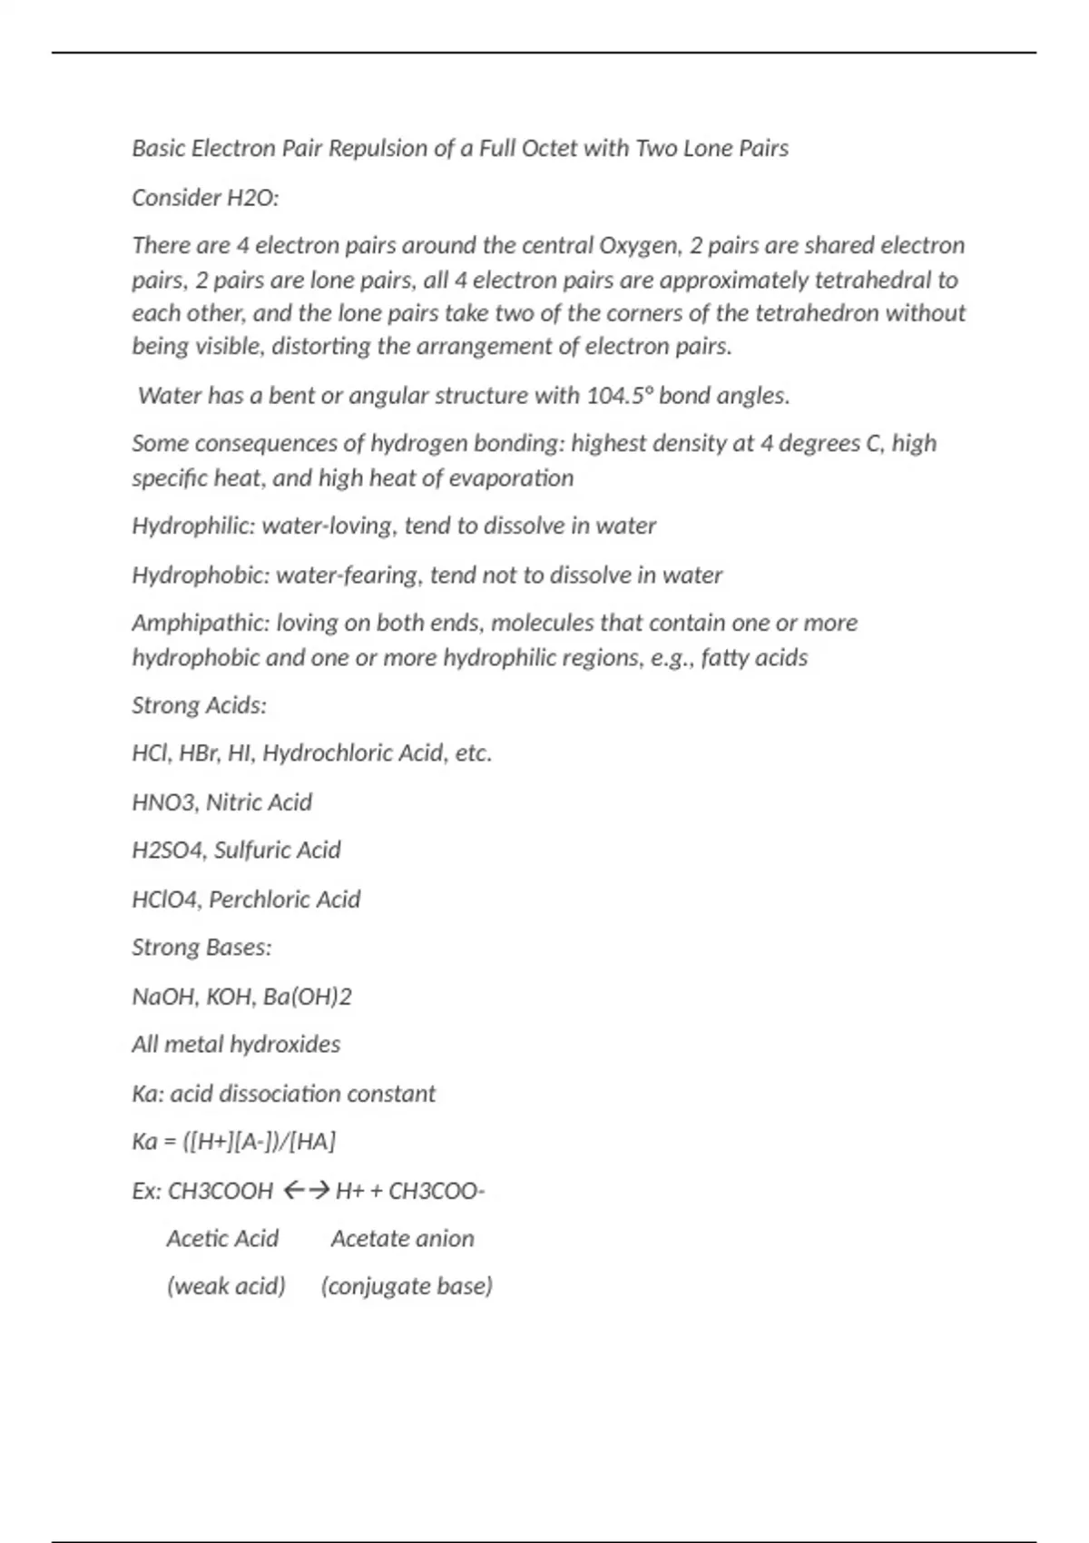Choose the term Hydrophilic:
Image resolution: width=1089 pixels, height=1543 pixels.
coord(193,526)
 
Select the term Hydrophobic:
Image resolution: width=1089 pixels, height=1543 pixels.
coord(201,575)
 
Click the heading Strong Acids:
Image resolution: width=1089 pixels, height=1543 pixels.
coord(200,705)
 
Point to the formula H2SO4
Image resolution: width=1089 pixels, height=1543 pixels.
coord(168,850)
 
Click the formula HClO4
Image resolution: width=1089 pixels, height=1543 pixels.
coord(166,899)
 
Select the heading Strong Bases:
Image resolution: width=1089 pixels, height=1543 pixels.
coord(201,948)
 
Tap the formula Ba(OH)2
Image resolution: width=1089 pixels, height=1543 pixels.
coord(307,997)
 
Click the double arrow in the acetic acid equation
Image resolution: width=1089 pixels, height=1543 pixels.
coord(305,1191)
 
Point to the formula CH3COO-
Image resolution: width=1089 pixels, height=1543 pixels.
coord(437,1191)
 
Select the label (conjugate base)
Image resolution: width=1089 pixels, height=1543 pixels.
coord(407,1287)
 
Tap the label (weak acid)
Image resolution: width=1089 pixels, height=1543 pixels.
coord(226,1287)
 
